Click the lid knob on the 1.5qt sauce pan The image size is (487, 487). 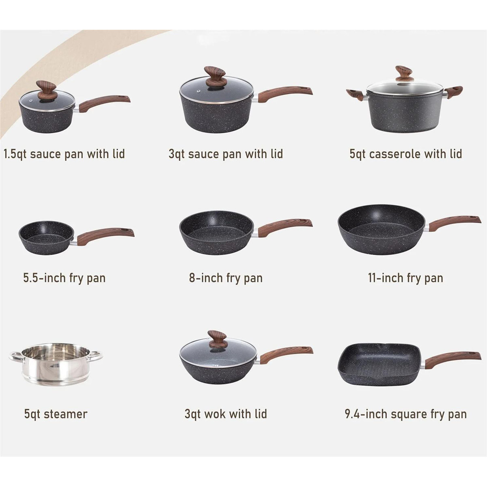[x=46, y=89]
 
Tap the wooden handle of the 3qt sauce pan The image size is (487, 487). [x=284, y=93]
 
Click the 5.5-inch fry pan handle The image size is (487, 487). [x=106, y=236]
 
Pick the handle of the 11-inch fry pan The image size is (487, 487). [x=455, y=222]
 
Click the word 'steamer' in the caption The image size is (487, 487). [x=65, y=414]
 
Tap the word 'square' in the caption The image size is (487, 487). [x=410, y=414]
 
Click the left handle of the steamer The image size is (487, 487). [x=15, y=357]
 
